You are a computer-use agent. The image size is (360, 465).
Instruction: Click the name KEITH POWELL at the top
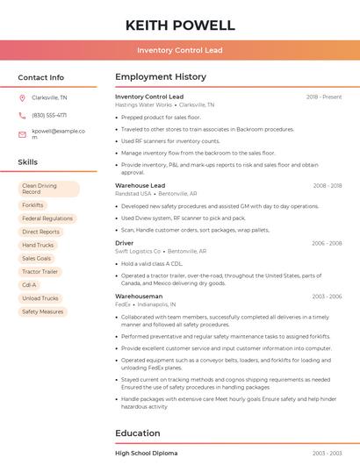pos(180,25)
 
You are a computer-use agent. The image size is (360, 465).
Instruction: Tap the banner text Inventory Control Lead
pos(180,51)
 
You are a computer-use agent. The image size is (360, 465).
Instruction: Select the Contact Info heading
pos(41,77)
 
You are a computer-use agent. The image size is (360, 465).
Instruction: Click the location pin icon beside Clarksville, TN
pos(22,97)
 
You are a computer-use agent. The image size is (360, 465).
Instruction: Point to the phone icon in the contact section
pos(22,115)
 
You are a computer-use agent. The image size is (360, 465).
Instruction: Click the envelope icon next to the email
pos(22,134)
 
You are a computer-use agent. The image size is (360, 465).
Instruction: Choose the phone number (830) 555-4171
pos(49,115)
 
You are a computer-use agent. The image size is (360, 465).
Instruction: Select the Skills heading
pos(28,162)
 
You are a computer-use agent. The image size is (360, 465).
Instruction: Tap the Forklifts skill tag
pos(32,205)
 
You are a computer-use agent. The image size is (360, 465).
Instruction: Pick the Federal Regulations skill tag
pos(47,218)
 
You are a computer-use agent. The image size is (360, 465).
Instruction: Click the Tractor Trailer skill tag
pos(40,272)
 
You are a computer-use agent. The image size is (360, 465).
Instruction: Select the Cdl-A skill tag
pos(29,285)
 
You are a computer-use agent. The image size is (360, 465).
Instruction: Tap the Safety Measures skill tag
pos(42,311)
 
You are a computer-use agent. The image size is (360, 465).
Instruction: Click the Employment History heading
pos(161,77)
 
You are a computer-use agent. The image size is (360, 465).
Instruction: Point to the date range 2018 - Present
pos(324,97)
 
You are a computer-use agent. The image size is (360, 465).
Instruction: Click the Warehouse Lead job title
pos(140,186)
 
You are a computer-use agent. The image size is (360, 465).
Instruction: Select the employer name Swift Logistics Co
pos(138,251)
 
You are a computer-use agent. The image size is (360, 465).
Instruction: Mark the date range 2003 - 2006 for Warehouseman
pos(327,297)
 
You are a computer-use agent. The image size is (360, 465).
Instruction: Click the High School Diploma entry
pos(147,454)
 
